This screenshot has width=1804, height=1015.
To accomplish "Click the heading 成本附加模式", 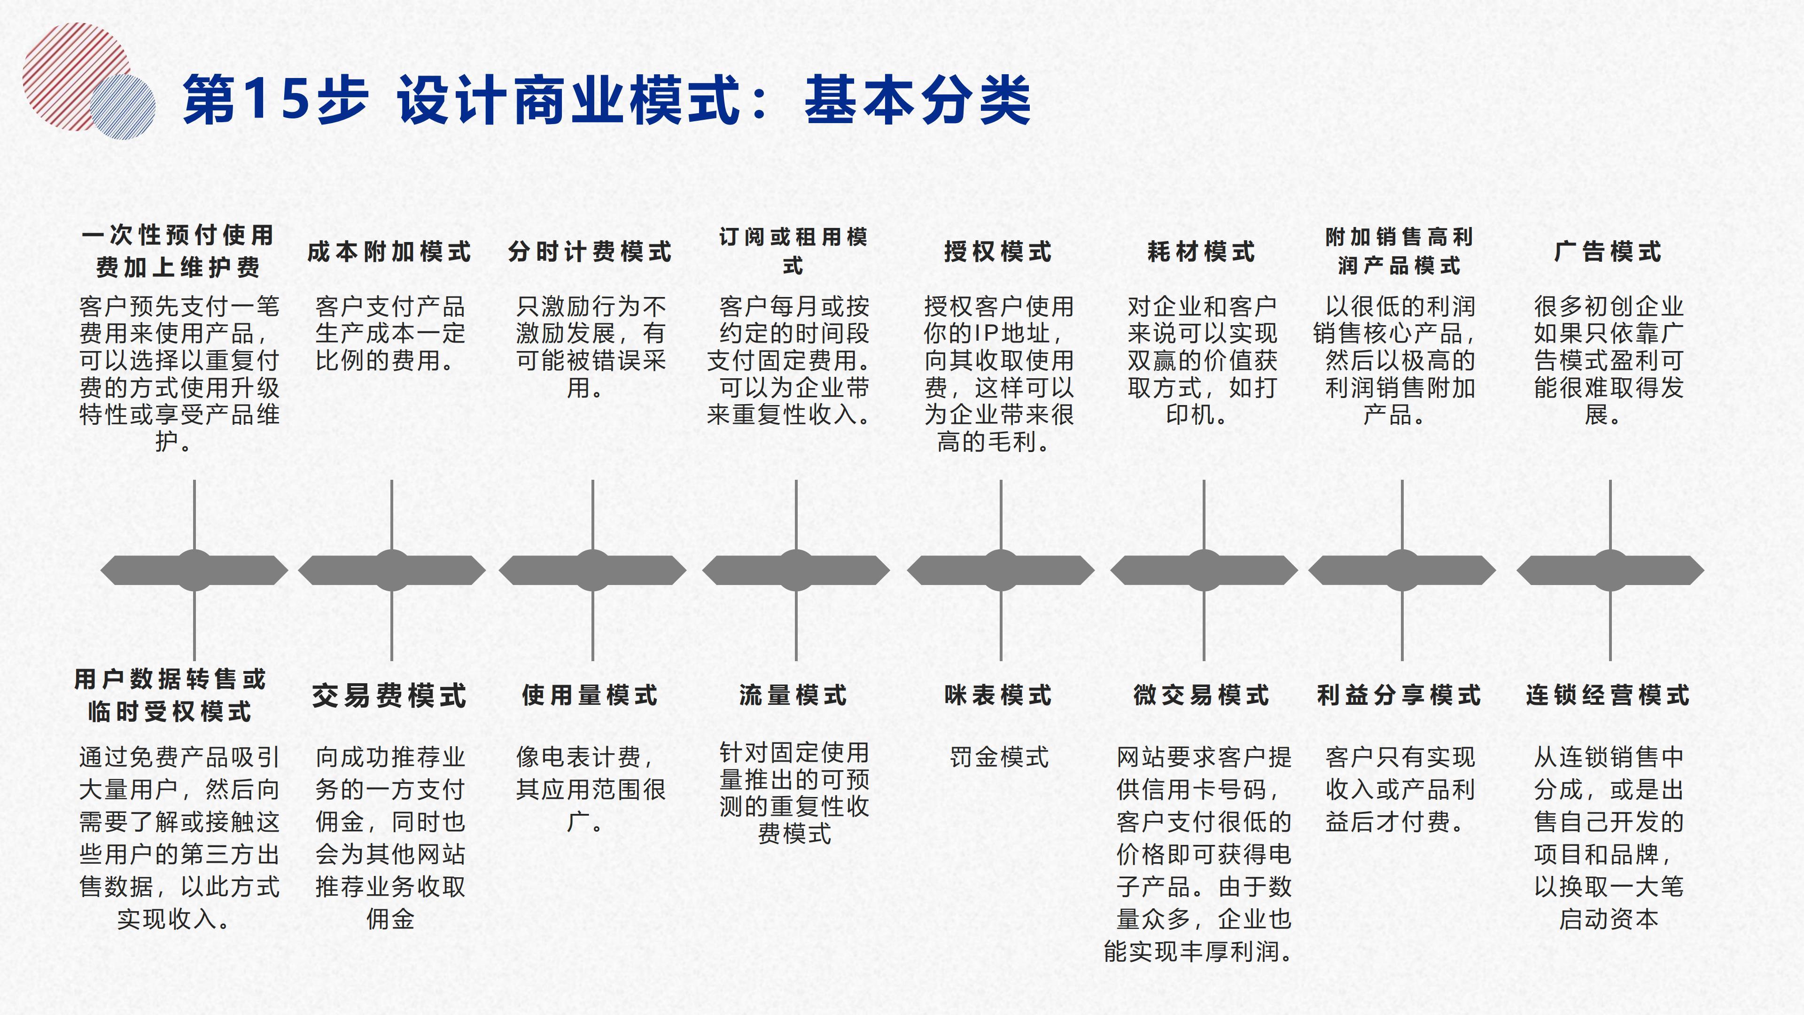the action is tap(389, 251).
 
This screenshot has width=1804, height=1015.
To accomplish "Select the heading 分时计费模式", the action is tap(591, 251).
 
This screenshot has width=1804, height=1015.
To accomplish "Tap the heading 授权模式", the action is tap(998, 251).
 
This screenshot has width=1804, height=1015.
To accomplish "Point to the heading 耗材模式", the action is tap(1201, 251).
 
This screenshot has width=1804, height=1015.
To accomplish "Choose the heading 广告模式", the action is tap(1608, 251).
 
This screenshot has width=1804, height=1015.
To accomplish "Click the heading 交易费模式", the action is tap(389, 695).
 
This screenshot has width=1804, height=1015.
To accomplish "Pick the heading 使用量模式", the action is tap(591, 695).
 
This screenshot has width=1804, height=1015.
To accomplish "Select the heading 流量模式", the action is tap(793, 695).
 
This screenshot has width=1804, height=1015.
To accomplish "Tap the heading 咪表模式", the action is tap(998, 695).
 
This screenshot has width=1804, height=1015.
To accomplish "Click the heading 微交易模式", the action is tap(1201, 695).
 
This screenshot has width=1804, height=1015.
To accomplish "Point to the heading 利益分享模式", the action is tap(1399, 695).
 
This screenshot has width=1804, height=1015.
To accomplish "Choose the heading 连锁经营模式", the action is tap(1608, 695).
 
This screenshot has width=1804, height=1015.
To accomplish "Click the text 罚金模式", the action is tap(999, 757).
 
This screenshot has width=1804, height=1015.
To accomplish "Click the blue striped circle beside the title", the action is tap(123, 107).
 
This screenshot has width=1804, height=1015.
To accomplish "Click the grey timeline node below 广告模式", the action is tap(1610, 570).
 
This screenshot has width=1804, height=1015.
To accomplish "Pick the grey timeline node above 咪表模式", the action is tap(1001, 570).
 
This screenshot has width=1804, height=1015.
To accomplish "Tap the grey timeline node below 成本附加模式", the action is tap(391, 570).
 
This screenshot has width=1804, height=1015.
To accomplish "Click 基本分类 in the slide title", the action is tap(918, 100).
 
